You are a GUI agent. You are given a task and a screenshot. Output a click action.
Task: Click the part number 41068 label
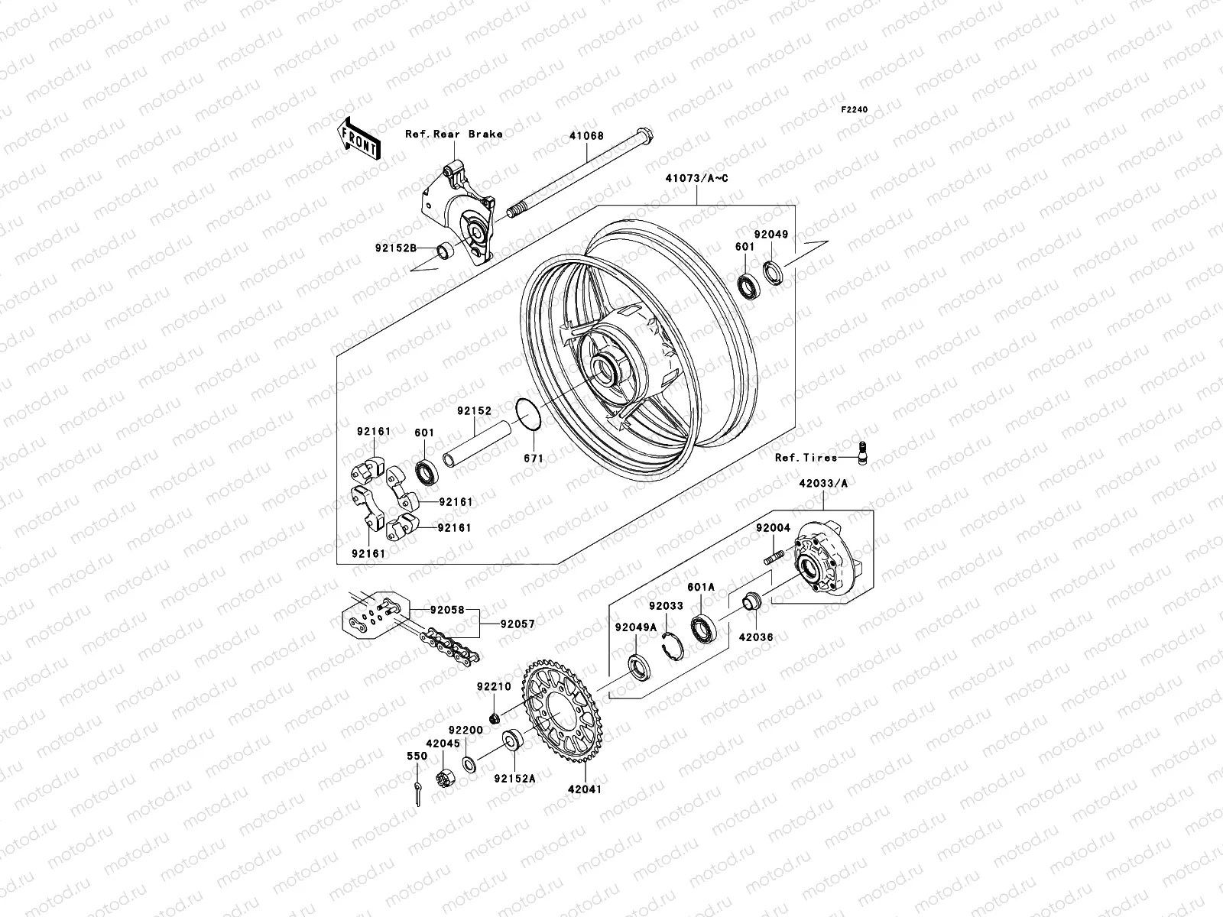pos(607,136)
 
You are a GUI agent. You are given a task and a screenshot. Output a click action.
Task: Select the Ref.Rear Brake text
pos(475,134)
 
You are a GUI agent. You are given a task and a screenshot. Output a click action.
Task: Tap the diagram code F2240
pos(855,110)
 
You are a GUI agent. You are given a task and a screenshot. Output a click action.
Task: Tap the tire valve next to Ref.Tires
pos(863,452)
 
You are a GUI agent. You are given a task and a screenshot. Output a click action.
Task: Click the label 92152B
pos(395,248)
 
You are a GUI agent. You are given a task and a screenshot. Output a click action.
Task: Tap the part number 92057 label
pos(517,624)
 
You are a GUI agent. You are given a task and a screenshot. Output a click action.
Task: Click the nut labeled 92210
pos(494,717)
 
